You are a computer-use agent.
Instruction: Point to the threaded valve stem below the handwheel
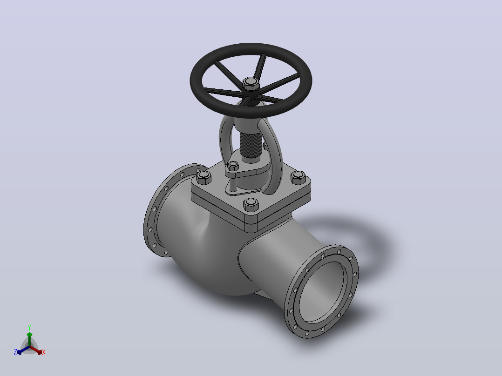coord(251,146)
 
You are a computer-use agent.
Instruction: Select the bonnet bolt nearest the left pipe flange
coord(204,177)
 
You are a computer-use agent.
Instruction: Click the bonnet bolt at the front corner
coord(251,205)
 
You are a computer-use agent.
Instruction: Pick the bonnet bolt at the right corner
coord(298,178)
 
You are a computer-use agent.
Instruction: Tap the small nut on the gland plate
coord(233,166)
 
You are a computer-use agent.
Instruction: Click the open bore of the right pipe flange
coord(322,291)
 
